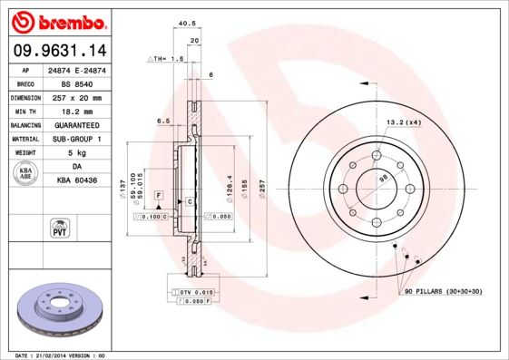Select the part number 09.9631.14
click(x=56, y=51)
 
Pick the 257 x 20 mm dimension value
click(x=78, y=96)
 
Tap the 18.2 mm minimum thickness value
click(x=78, y=111)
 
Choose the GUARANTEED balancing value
click(x=78, y=125)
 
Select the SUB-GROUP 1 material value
click(x=78, y=140)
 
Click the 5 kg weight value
click(x=78, y=154)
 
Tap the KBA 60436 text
click(x=78, y=182)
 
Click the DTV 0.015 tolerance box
click(x=194, y=291)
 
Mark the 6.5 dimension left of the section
click(x=164, y=121)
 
